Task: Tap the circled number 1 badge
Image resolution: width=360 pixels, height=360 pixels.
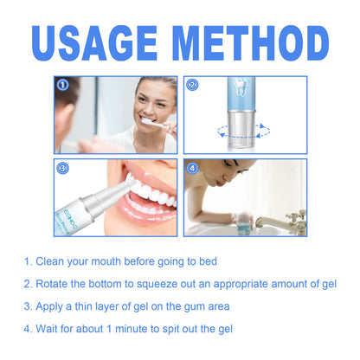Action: [x=61, y=85]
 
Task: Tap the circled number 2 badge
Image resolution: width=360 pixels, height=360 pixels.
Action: [x=193, y=85]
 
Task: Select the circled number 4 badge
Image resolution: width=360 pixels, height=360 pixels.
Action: [x=193, y=169]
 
